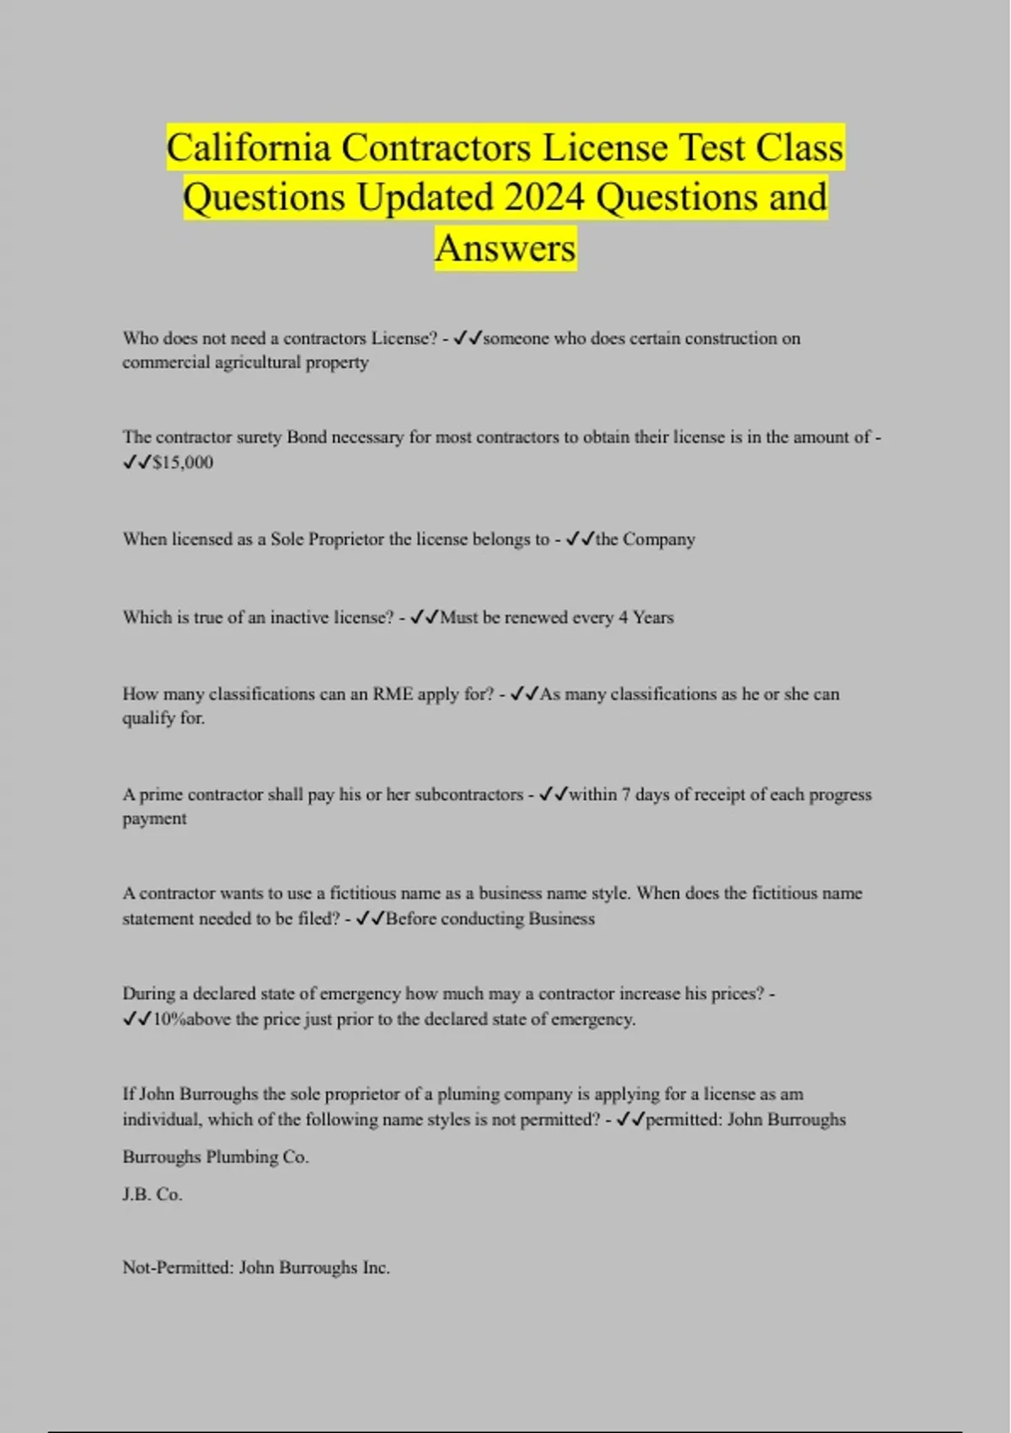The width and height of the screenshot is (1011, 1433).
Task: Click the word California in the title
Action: (x=249, y=148)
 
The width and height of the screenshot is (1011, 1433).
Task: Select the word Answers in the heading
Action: (x=505, y=248)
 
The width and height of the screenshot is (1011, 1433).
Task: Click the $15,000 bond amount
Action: (x=183, y=462)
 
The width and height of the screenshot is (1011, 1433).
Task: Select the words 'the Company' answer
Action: (x=645, y=539)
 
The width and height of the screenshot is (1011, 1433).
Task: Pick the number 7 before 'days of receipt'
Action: (x=626, y=794)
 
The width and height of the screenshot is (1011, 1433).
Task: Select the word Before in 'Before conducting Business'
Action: (x=411, y=919)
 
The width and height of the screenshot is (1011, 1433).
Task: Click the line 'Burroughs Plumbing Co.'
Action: (x=216, y=1157)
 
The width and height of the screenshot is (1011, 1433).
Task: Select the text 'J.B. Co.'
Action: (x=152, y=1194)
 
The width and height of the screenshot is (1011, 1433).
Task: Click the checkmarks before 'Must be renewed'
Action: (x=424, y=617)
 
